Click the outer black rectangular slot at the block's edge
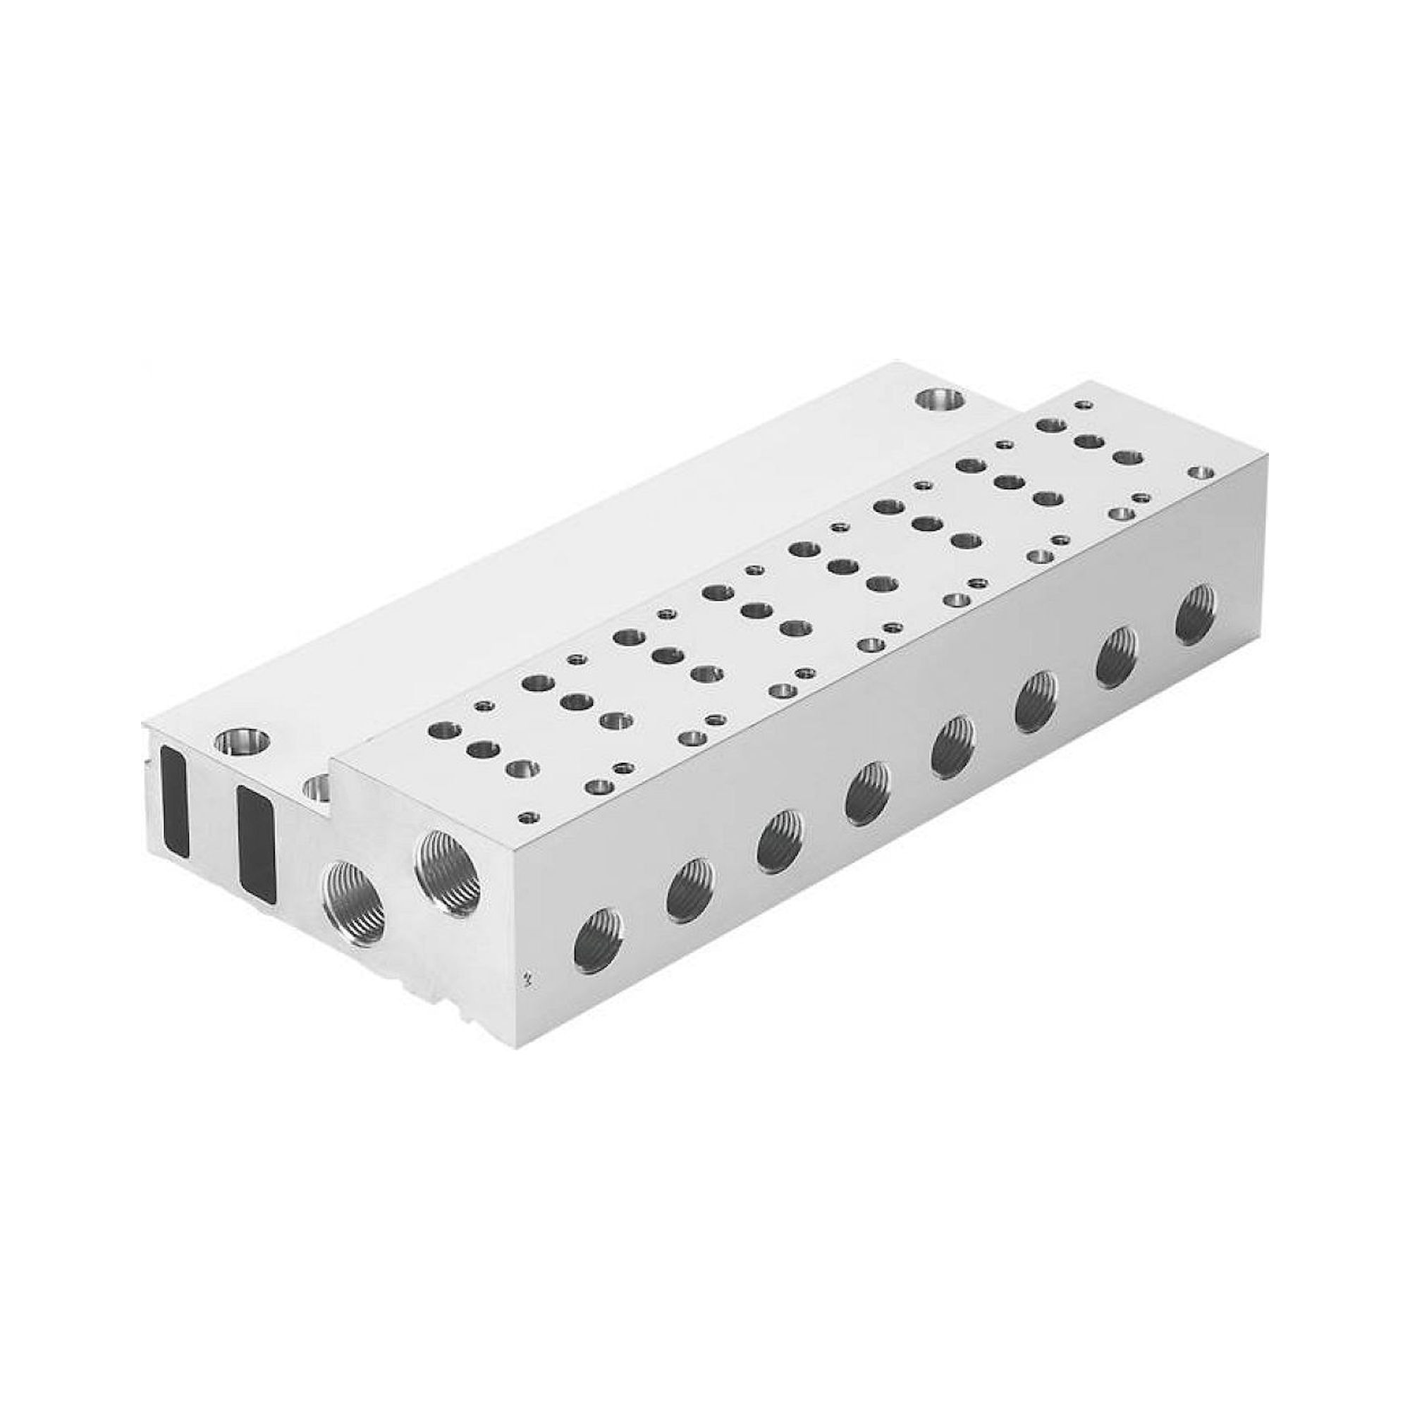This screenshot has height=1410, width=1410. (175, 800)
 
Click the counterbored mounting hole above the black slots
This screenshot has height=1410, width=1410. (242, 742)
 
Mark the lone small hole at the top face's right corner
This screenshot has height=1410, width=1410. (1197, 473)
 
